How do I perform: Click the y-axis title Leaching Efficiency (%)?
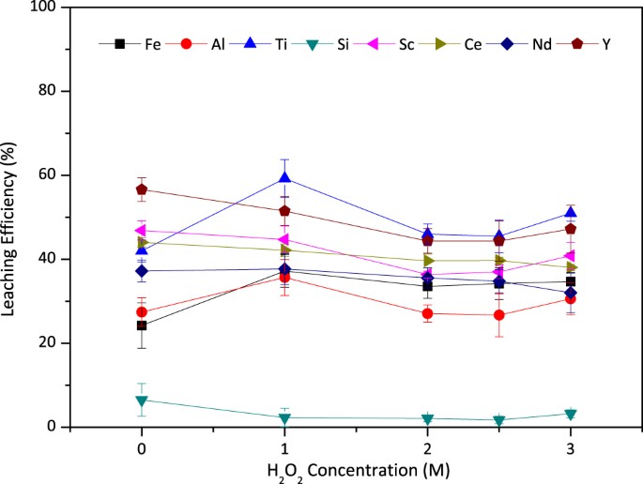point(17,217)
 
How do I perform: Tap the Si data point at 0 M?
point(142,401)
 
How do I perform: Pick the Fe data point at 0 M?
point(142,325)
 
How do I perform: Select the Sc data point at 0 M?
point(142,231)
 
